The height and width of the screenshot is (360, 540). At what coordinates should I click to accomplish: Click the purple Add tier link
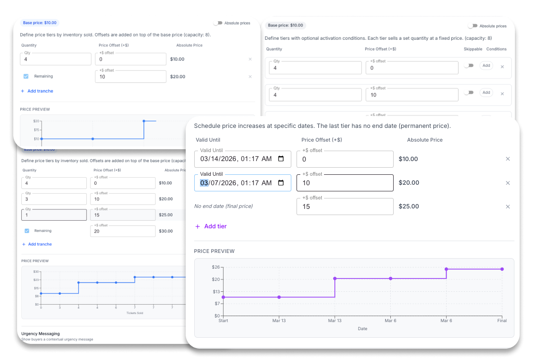point(211,226)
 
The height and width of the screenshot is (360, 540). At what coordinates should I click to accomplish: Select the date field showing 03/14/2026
point(237,159)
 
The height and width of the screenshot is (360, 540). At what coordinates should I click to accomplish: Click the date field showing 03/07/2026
point(237,183)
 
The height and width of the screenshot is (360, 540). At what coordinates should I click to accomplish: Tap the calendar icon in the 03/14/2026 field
point(281,159)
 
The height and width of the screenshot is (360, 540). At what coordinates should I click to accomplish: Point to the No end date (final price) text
point(224,207)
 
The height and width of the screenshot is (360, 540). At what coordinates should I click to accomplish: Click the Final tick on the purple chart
point(502,321)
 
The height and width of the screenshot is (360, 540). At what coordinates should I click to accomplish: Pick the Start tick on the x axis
point(223,321)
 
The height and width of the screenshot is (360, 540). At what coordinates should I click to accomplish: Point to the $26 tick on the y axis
point(216,268)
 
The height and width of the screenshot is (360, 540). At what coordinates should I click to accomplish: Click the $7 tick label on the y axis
point(217,304)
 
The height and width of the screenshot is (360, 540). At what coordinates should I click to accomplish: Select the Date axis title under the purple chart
point(362,329)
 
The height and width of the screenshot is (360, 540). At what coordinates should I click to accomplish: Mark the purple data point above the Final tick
point(502,269)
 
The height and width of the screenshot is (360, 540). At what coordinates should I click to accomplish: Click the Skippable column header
point(473,49)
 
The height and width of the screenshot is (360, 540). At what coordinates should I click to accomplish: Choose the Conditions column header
point(496,49)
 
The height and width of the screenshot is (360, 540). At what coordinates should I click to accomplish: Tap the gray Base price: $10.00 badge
point(285,26)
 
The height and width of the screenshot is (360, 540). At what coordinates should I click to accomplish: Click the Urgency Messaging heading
point(40,333)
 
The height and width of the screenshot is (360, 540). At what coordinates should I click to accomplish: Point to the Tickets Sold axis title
point(134,313)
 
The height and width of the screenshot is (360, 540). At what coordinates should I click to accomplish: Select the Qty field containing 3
point(54,199)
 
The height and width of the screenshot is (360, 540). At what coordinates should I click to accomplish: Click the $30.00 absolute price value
point(166,231)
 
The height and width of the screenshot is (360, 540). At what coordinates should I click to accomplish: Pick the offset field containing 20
point(123,231)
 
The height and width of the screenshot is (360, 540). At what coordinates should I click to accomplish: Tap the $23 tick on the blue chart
point(36,280)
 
